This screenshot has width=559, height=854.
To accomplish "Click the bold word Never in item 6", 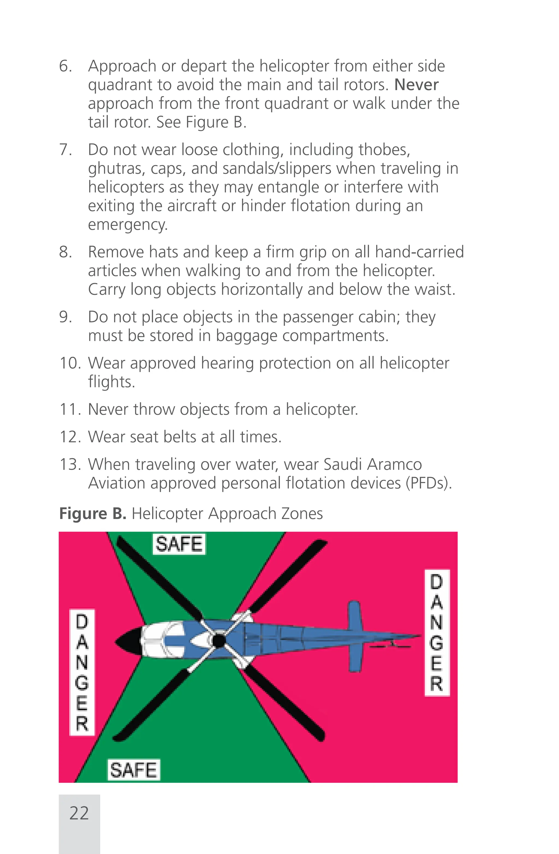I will [x=416, y=85].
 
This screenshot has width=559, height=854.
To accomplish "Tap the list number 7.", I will [x=66, y=150].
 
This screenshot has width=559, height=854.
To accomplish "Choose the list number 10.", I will [x=70, y=363].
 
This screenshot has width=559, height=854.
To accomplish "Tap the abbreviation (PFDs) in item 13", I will [x=429, y=483].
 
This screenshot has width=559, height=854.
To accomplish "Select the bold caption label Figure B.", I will [x=93, y=514].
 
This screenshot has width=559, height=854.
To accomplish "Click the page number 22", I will [x=79, y=813].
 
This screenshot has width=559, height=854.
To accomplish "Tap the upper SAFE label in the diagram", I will [x=179, y=544].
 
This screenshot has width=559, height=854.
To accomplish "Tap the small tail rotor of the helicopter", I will [x=391, y=646].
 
